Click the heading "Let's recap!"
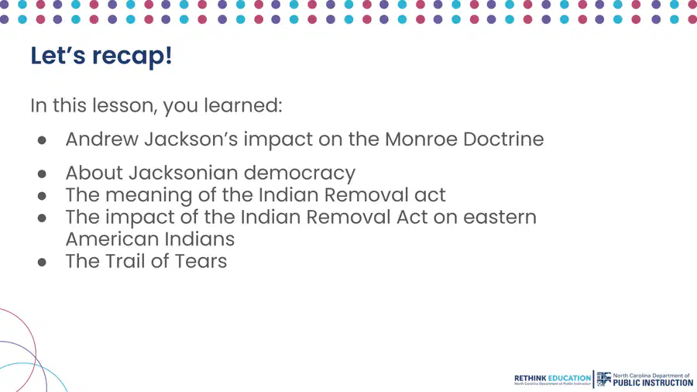tap(101, 56)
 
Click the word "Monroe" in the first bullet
tap(421, 139)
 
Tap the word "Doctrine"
tap(503, 139)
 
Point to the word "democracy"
tap(300, 174)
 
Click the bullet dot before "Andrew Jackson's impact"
tap(43, 140)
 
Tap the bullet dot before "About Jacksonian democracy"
tap(43, 174)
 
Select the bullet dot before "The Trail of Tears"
tap(43, 263)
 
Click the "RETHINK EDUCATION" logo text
tap(552, 378)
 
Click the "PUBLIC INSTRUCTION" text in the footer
tap(653, 383)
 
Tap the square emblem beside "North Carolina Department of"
tap(603, 379)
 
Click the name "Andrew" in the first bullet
tap(101, 139)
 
